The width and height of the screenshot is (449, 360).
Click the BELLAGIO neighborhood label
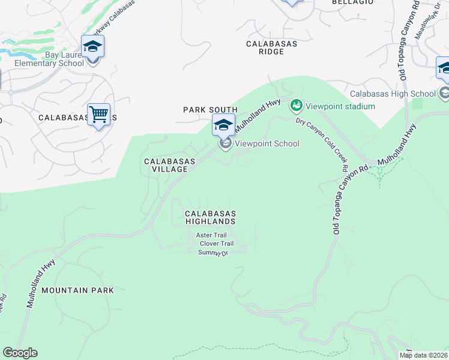[349, 2]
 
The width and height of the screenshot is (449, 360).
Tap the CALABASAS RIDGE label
[272, 48]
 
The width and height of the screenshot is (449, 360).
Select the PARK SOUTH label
[210, 110]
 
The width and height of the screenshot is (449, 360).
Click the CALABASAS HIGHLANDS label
[210, 217]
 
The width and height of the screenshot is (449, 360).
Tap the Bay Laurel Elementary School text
[49, 59]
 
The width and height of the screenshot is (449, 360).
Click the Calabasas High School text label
[393, 94]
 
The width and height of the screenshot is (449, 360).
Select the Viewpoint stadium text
[340, 107]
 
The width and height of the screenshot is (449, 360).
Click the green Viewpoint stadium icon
[296, 107]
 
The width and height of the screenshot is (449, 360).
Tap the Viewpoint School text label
[267, 143]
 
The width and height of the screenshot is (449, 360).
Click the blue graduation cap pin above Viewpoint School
[223, 125]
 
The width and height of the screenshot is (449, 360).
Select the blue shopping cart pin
[98, 113]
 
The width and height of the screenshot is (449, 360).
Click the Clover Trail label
[216, 244]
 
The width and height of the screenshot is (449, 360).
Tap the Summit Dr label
[214, 253]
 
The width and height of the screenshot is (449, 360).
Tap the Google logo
[20, 353]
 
